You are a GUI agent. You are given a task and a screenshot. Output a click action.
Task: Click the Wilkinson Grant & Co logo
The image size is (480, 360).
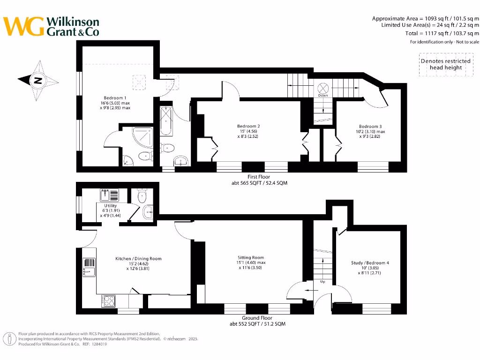[x=51, y=26]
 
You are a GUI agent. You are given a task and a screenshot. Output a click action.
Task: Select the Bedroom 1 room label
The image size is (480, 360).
[x=115, y=98]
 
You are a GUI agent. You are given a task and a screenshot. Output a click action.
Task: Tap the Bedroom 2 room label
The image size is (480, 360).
[x=248, y=126]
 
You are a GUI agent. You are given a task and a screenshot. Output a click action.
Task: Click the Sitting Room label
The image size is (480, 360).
[x=250, y=257]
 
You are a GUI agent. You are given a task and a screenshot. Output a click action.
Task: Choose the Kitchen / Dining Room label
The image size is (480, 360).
[x=138, y=259]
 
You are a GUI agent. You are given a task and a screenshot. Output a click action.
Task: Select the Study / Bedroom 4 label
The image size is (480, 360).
[x=370, y=263]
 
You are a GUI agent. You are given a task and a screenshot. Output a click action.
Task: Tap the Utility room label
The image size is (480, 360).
[x=111, y=206]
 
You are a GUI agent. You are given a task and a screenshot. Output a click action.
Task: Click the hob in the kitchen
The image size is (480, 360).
[x=109, y=300]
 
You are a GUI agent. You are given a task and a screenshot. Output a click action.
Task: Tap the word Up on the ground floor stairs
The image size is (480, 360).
[x=322, y=282]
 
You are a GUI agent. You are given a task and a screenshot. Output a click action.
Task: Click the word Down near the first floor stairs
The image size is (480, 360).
[x=323, y=96]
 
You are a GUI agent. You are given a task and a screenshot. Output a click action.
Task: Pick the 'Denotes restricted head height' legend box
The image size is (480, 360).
[x=445, y=65]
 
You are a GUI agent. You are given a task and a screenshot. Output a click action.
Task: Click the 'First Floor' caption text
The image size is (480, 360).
[x=258, y=177]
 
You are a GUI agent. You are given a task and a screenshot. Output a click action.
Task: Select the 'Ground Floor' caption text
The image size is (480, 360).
[x=257, y=318]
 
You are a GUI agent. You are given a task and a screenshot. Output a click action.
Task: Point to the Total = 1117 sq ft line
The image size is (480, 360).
[x=442, y=33]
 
